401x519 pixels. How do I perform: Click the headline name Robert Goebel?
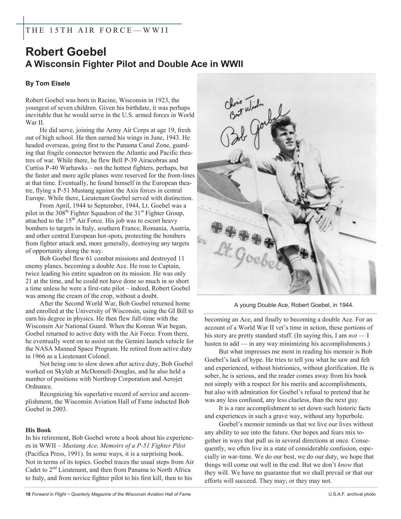[66, 52]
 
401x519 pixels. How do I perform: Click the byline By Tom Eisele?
[48, 83]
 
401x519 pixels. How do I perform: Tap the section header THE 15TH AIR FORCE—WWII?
[97, 30]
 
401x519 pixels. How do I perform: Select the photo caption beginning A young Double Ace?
[294, 305]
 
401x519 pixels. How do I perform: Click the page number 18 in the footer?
[28, 494]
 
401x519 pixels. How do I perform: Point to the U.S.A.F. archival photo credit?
[352, 494]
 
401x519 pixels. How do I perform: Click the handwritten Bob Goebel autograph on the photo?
[252, 129]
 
